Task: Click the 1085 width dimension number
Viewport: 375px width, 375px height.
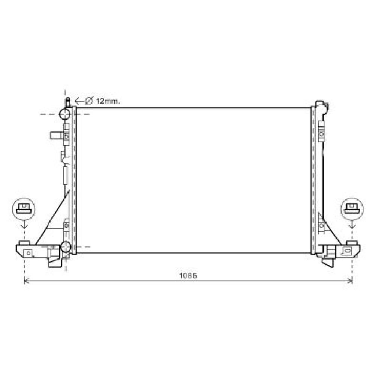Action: [x=188, y=276]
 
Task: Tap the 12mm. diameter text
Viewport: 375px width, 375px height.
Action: [x=108, y=100]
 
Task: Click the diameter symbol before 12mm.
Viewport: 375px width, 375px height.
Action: [x=89, y=100]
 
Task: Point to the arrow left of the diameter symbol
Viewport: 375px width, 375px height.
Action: [x=79, y=100]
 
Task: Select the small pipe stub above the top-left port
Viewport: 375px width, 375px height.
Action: [x=68, y=102]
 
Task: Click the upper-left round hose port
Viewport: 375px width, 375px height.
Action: [x=65, y=114]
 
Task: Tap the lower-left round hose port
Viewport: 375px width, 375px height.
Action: [x=66, y=247]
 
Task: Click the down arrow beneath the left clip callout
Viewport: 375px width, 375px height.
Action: [x=24, y=225]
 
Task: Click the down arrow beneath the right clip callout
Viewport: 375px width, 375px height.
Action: [x=352, y=225]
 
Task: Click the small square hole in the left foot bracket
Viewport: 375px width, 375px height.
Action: [x=28, y=252]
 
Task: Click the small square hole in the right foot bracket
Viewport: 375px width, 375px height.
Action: [x=348, y=250]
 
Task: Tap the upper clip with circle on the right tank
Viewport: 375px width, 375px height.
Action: [x=321, y=133]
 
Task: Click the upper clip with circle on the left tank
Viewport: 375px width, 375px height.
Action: [x=66, y=136]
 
